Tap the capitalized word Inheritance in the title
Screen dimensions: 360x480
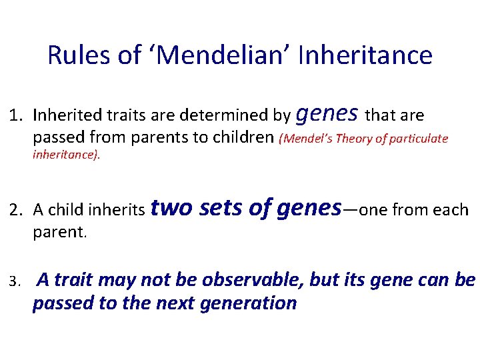tap(366, 55)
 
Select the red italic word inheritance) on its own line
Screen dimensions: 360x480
tap(67, 157)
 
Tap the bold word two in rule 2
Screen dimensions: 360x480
tap(171, 208)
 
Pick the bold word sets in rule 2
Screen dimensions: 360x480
tap(221, 208)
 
